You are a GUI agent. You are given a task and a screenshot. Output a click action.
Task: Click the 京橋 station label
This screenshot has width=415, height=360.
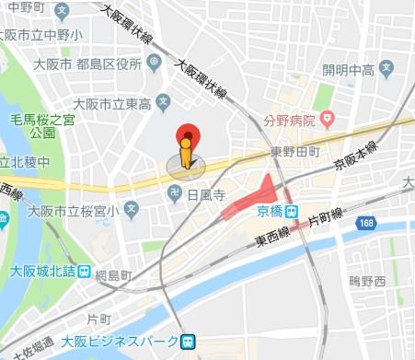(271, 211)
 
